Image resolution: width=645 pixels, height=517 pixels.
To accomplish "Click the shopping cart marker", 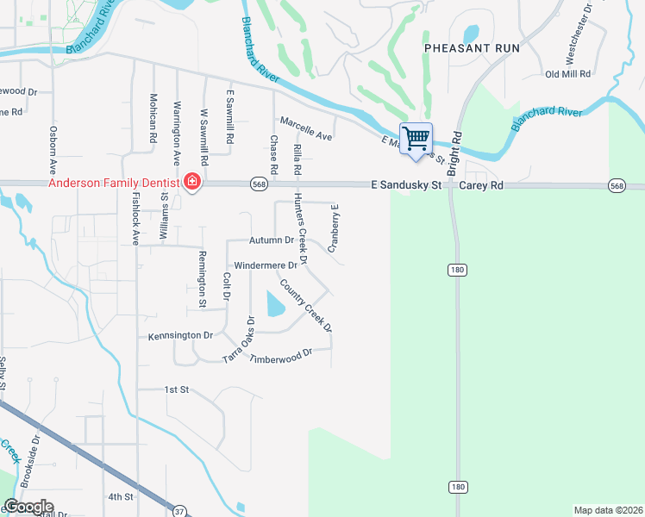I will click(x=416, y=139).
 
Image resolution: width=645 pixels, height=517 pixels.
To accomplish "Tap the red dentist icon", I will click(x=191, y=183).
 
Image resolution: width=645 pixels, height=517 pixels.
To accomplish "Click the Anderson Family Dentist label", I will click(x=113, y=183).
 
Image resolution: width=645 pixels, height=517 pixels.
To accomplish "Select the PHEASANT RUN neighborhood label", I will click(x=472, y=48).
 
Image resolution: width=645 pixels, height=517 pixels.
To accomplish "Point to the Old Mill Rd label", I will click(x=567, y=74).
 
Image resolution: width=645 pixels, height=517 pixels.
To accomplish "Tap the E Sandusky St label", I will click(x=406, y=184).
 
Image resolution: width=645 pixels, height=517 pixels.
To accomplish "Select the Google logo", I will click(x=28, y=507).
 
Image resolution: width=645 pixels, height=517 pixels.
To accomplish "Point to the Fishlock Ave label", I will click(x=135, y=218).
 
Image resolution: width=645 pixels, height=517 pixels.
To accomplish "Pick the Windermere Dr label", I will click(x=266, y=265).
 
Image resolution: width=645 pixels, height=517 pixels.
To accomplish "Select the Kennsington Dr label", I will click(x=180, y=335).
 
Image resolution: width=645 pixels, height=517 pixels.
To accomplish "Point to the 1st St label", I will click(x=177, y=389).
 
